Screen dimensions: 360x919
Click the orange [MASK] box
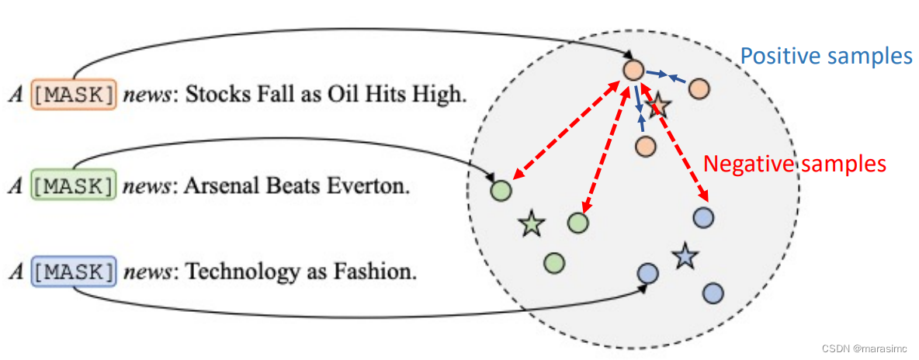point(74,95)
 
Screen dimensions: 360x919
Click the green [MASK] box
point(74,186)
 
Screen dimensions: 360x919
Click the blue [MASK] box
point(74,272)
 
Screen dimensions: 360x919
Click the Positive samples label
point(825,57)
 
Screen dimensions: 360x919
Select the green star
point(532,224)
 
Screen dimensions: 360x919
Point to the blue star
point(685,255)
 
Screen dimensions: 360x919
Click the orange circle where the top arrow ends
point(633,71)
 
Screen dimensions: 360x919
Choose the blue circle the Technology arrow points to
point(647,273)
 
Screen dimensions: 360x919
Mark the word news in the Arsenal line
point(145,187)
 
